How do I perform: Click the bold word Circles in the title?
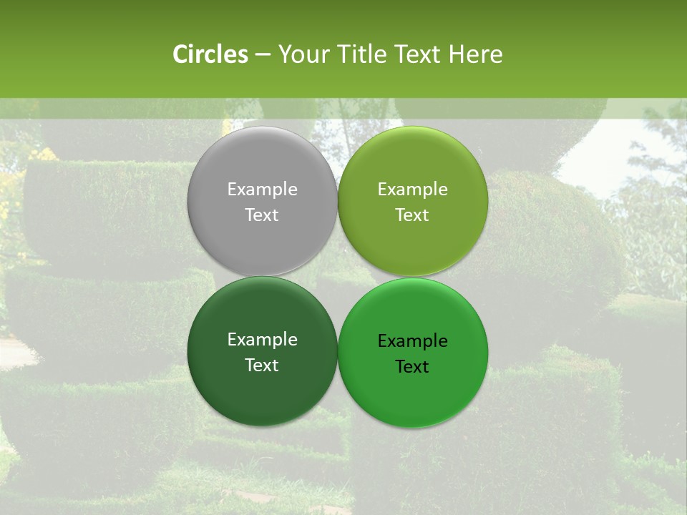[x=210, y=54]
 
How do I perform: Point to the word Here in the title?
[x=476, y=54]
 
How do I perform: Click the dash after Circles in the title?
[x=263, y=55]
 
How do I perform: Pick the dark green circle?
[x=262, y=386]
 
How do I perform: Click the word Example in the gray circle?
[x=262, y=190]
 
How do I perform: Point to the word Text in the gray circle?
[x=262, y=215]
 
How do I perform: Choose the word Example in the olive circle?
[x=412, y=190]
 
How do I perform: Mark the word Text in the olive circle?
[x=412, y=215]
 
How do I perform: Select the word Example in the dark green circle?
[x=262, y=340]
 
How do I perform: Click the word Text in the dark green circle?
[x=262, y=366]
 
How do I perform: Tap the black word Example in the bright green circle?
[x=412, y=341]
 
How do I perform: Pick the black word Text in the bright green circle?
[x=412, y=367]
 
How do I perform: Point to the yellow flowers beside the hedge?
[x=46, y=154]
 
